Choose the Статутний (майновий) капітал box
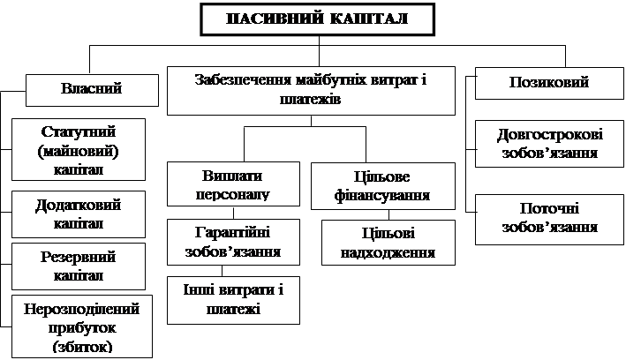pyautogui.click(x=79, y=150)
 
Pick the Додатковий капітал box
pyautogui.click(x=79, y=213)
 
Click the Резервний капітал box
pyautogui.click(x=79, y=266)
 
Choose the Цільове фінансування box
pyautogui.click(x=382, y=184)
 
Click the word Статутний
pyautogui.click(x=79, y=131)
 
